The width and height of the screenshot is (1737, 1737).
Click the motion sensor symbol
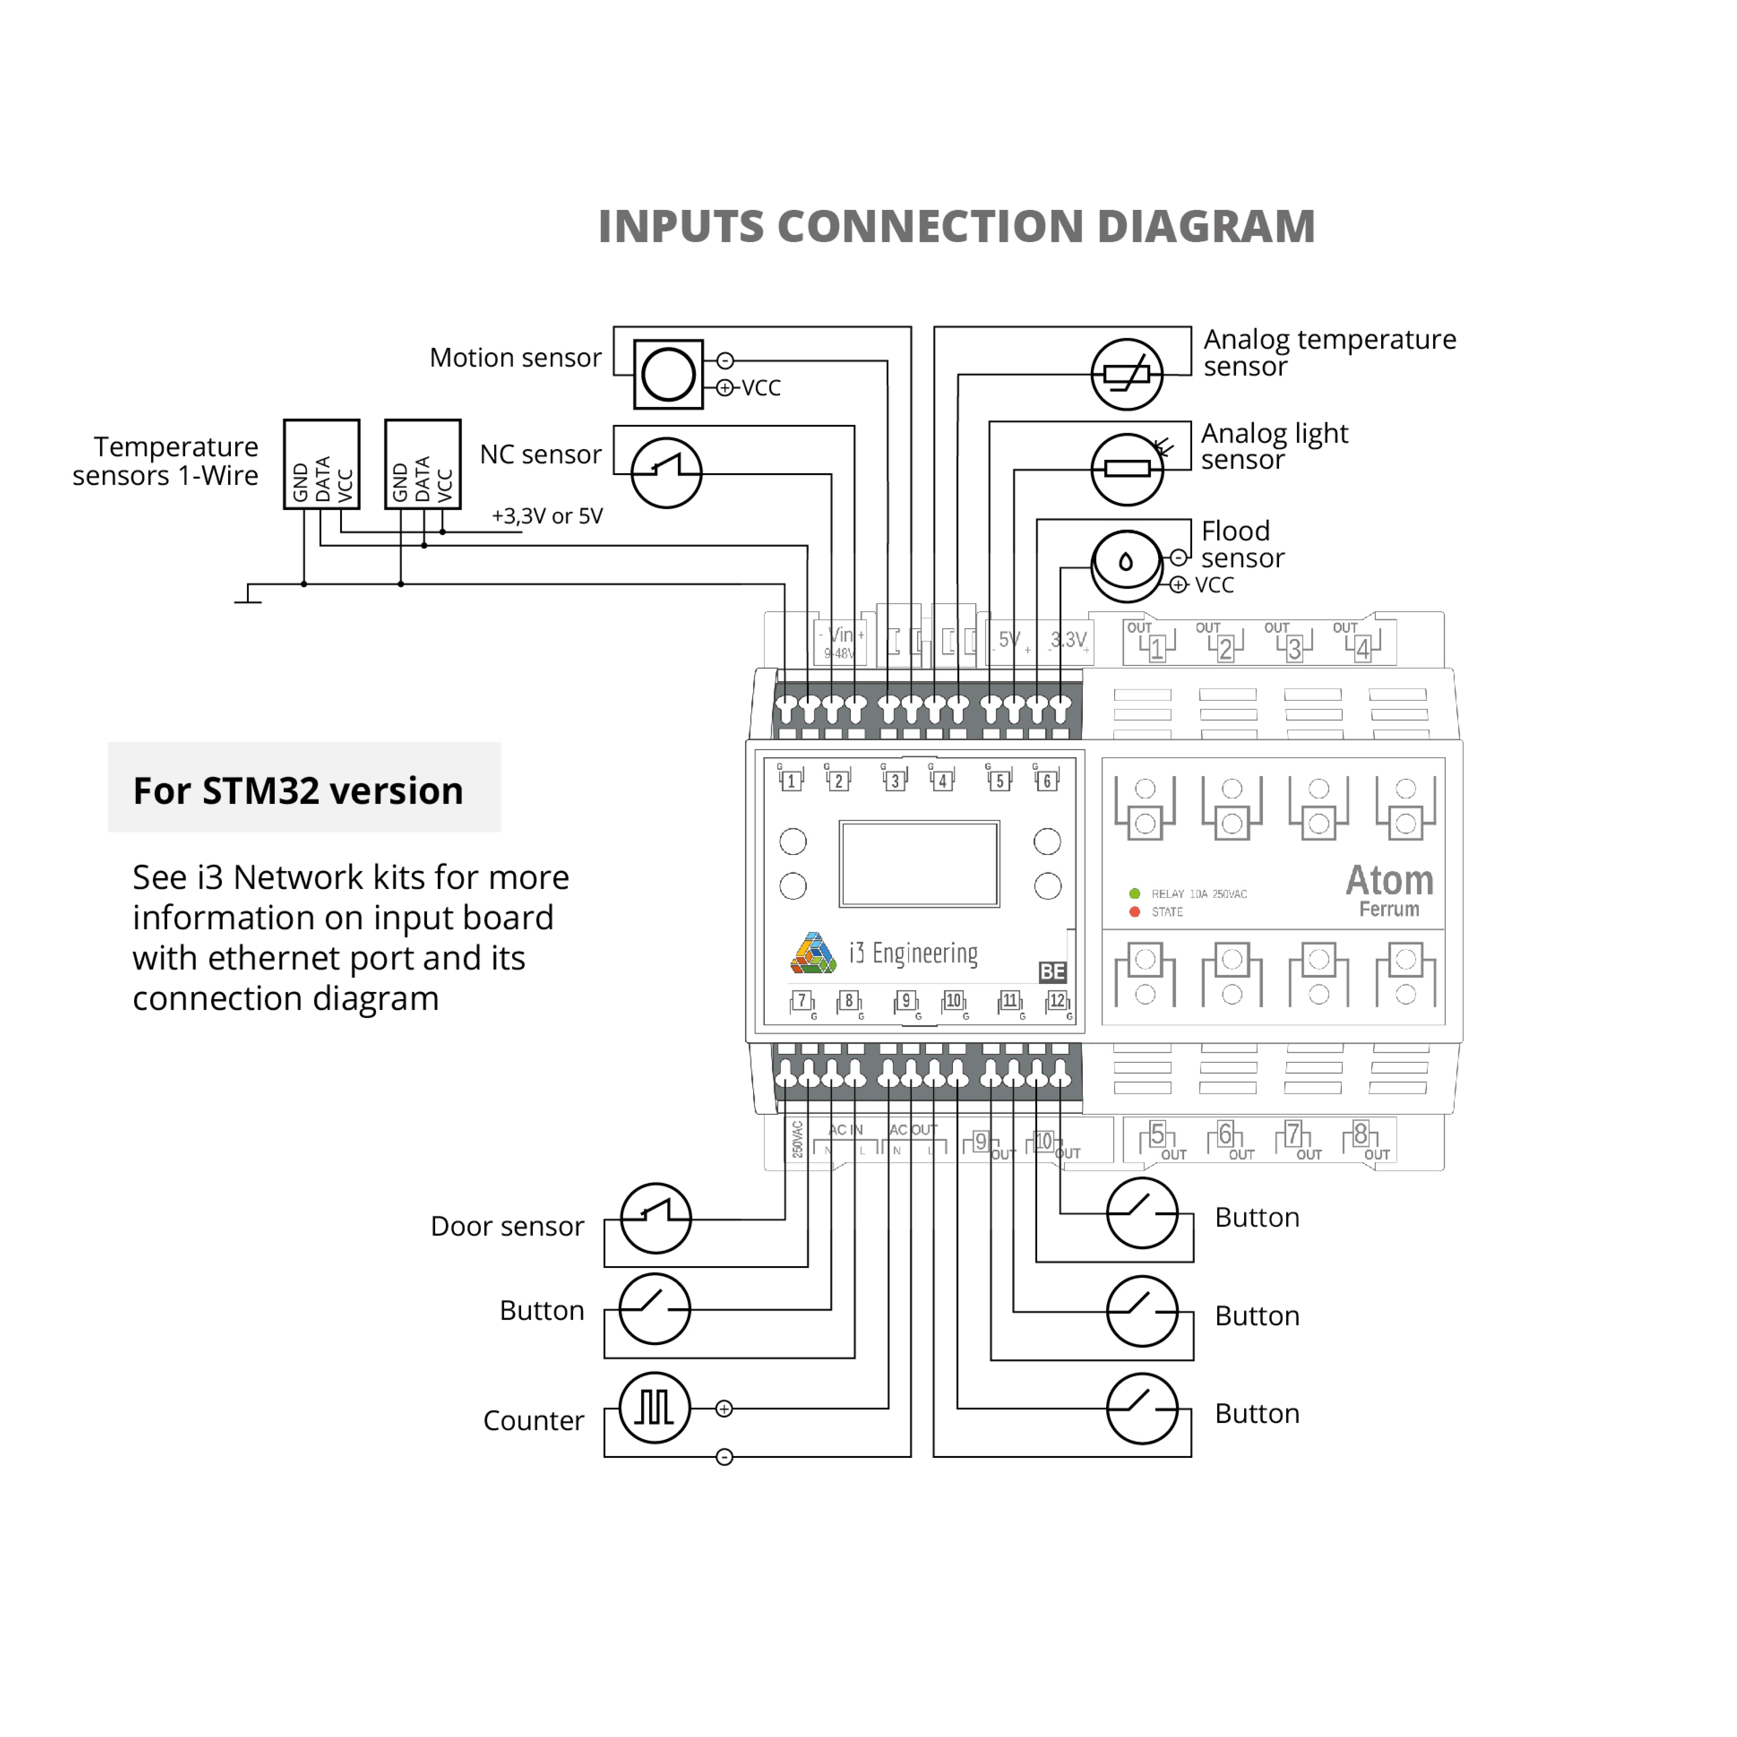coord(668,374)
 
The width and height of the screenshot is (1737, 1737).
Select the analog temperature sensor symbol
coord(1127,374)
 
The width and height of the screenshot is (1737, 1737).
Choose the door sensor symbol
coord(656,1218)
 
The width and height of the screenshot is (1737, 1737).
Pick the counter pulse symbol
coord(655,1408)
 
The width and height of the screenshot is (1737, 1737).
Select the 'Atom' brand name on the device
coord(1389,880)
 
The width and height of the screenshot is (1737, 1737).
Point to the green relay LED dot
coord(1135,894)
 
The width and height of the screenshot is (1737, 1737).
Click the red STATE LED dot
coord(1135,912)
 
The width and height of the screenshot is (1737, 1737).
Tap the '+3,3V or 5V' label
coord(547,516)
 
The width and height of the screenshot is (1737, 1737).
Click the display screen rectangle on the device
coord(919,863)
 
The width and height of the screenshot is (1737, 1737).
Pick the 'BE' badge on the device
coord(1052,972)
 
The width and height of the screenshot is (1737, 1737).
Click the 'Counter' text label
coord(533,1421)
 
